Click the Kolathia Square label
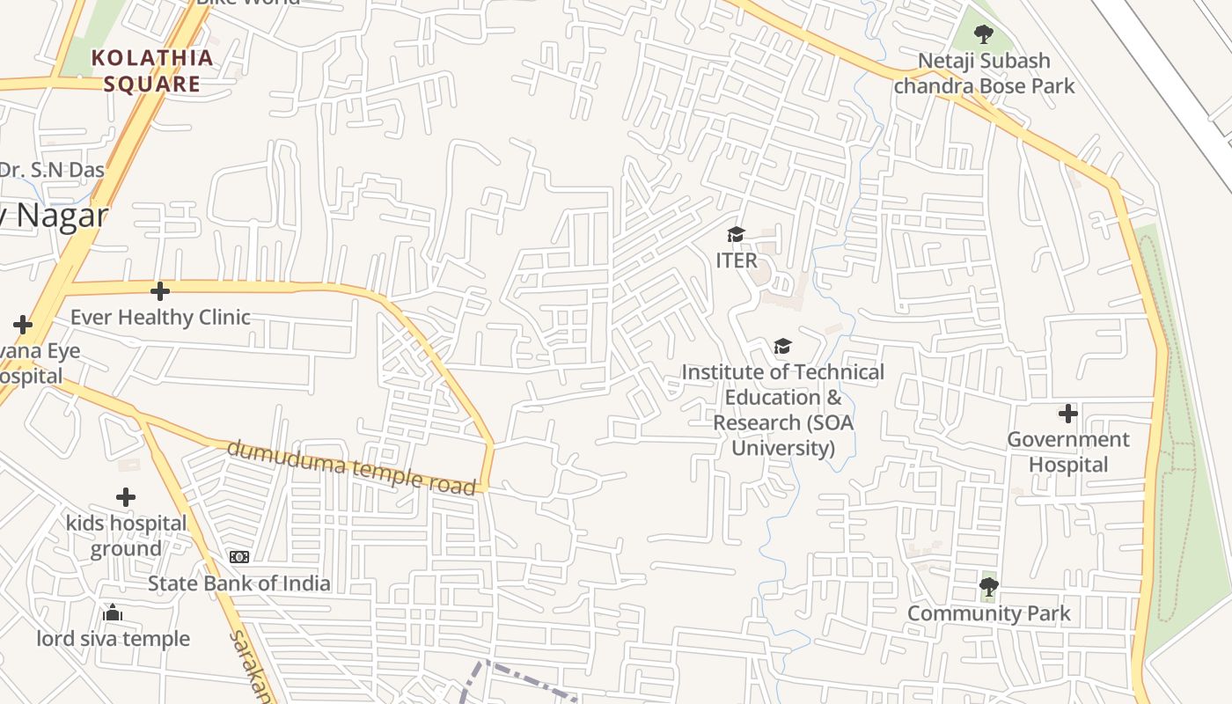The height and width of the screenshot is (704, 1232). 152,71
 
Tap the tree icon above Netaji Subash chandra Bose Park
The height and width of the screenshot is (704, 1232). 984,35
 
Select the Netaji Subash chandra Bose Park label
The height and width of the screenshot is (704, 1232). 984,73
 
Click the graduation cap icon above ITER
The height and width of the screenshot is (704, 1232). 736,234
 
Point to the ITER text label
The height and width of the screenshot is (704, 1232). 737,260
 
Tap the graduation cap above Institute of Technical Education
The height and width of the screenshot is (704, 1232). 782,347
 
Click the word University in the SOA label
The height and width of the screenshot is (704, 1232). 783,448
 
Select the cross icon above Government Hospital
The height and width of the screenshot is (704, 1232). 1067,413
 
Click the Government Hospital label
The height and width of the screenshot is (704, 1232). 1067,451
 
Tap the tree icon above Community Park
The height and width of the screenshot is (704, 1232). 989,586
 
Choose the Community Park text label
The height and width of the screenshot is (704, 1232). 989,613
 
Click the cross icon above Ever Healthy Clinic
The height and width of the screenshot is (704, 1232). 160,290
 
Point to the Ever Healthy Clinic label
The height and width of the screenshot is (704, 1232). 160,317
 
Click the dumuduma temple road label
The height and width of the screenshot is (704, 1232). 352,467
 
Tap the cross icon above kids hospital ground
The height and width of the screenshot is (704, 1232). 126,497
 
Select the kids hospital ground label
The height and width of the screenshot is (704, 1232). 126,536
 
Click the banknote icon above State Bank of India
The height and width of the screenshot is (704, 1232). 238,557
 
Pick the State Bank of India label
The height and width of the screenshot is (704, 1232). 238,583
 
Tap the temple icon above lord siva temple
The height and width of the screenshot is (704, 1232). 113,612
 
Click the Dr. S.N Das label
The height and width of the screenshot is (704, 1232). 51,170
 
